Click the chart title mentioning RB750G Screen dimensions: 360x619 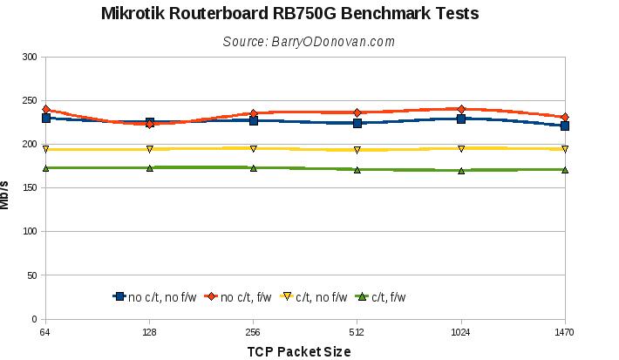289,14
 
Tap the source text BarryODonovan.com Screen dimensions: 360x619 309,41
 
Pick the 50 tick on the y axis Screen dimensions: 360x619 32,275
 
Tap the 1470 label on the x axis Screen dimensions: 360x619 565,331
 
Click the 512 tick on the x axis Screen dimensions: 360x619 357,331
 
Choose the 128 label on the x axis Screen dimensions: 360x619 150,331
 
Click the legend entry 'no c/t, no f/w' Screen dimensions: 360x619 156,297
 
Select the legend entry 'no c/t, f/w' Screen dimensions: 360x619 241,297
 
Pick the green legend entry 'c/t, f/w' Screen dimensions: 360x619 382,297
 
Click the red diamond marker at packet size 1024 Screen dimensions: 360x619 461,109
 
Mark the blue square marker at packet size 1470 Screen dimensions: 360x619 565,126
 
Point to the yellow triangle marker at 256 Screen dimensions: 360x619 254,148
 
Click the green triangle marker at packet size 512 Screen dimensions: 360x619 357,169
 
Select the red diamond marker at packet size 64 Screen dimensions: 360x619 46,109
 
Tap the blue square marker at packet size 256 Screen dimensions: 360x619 254,120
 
